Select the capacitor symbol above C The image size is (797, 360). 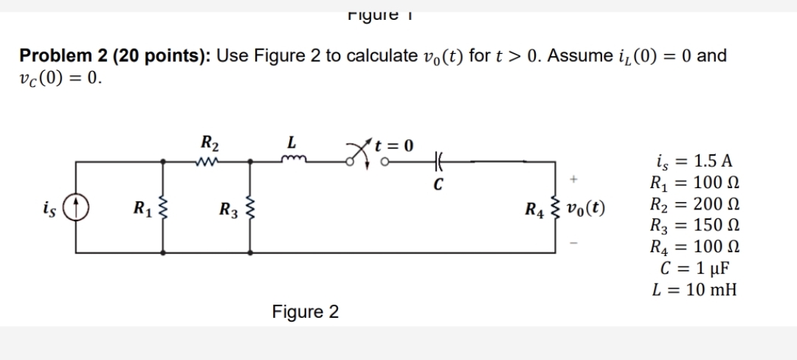(x=439, y=158)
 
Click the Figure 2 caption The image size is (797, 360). (x=305, y=312)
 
